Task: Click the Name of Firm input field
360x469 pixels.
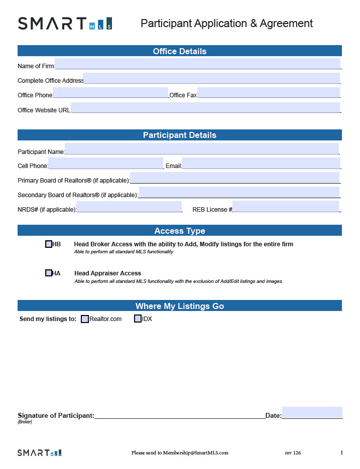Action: (x=197, y=64)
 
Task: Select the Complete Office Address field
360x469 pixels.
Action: (x=211, y=78)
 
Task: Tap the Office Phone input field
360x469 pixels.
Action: (x=110, y=93)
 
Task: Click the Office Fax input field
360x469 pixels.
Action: (x=269, y=93)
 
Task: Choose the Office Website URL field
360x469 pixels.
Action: (x=205, y=108)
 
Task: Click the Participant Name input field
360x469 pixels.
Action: (x=202, y=149)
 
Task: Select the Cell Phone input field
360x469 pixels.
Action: (x=106, y=164)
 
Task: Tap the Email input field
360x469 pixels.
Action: (x=261, y=164)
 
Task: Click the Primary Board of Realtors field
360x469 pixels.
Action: (x=234, y=178)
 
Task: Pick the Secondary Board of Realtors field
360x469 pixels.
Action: (x=239, y=193)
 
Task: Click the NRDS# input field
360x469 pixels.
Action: (x=129, y=207)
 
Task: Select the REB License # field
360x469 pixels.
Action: (x=286, y=207)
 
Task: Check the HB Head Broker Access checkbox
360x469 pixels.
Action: (x=49, y=244)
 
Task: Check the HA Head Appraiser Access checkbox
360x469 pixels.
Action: (x=49, y=273)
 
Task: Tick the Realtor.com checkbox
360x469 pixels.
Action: (x=85, y=319)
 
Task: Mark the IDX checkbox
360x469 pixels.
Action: (x=138, y=319)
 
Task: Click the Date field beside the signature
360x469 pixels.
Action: (x=312, y=413)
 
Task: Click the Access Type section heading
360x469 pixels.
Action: (x=180, y=231)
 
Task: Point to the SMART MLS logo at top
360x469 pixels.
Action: (x=65, y=24)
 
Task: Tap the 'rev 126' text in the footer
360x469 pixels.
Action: (x=293, y=453)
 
